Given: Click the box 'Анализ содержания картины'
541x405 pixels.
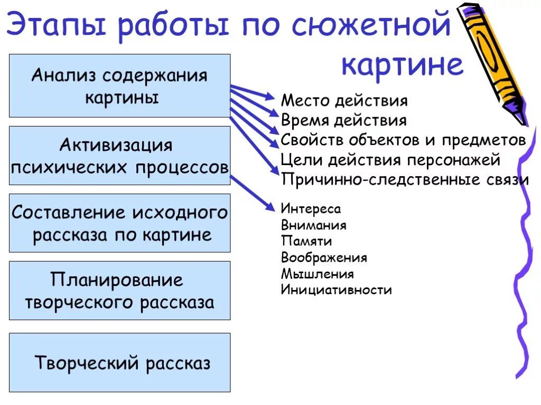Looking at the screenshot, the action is click(119, 85).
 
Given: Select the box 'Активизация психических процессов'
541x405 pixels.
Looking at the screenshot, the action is click(119, 155).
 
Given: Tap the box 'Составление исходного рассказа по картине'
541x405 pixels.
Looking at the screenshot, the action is click(119, 223).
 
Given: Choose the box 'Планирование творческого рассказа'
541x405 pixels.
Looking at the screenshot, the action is click(119, 290).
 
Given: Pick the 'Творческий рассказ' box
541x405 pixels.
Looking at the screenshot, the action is click(119, 362).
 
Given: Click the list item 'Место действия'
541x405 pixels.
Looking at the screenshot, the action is click(344, 101).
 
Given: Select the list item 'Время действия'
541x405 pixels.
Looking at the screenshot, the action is click(343, 120).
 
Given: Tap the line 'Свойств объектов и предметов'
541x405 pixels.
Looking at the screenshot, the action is click(403, 140).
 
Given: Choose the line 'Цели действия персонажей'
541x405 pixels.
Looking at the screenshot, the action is click(390, 159).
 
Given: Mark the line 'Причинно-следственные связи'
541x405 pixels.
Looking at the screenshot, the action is click(405, 179).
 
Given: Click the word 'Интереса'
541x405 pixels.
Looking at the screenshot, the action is click(311, 209).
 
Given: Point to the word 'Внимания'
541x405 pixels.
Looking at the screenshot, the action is click(313, 225).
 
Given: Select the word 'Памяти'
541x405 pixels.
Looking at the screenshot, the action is click(306, 242).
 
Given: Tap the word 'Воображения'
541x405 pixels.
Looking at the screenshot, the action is click(324, 258).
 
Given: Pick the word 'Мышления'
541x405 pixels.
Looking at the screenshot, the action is click(317, 274).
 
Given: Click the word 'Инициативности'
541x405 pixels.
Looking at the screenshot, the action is click(336, 290).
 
